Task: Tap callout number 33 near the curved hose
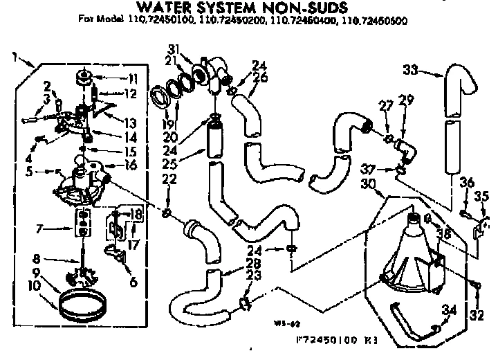coord(411,69)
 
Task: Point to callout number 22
coord(168,179)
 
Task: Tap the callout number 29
coord(407,100)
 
